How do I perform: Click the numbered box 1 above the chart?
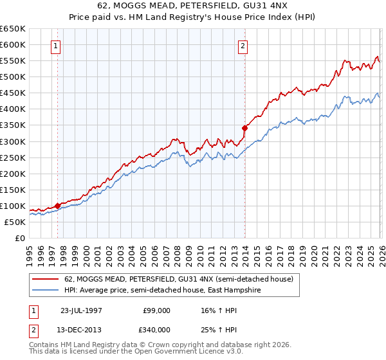[x=57, y=46]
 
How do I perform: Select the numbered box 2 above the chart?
[x=243, y=46]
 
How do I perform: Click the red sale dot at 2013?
[x=244, y=128]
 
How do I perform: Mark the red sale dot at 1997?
[x=58, y=206]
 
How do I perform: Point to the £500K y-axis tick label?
[x=13, y=77]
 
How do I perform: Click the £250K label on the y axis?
[x=13, y=157]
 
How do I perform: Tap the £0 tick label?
[x=19, y=238]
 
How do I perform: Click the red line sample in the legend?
[x=46, y=279]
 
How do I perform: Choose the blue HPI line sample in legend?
[x=46, y=291]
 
